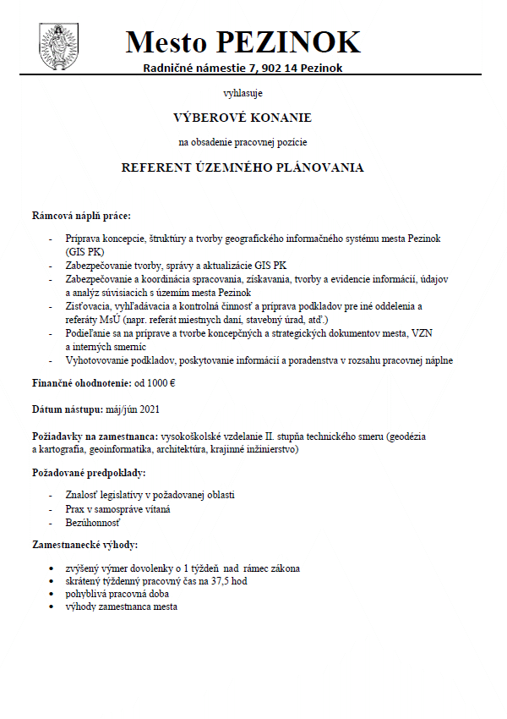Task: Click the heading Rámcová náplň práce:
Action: click(80, 217)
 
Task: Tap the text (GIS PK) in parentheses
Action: click(82, 252)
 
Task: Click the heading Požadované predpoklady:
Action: click(88, 472)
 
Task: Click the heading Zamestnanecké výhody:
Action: click(84, 546)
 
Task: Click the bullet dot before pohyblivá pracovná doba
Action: click(56, 594)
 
